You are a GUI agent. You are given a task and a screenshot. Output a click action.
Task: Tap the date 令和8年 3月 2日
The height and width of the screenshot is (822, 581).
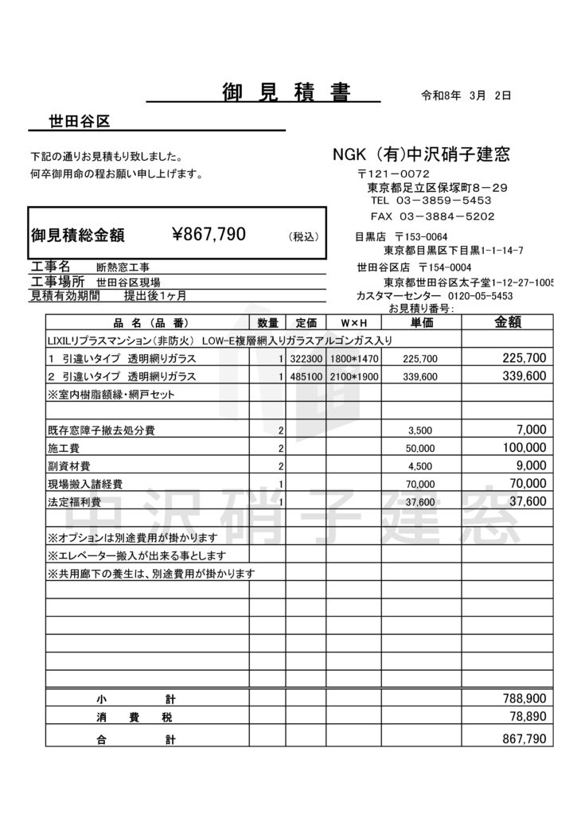[x=466, y=95]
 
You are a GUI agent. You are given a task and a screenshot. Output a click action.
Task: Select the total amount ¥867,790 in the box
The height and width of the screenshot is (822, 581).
[x=209, y=234]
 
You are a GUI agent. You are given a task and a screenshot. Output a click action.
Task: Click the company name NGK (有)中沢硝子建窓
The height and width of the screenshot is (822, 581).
[x=421, y=154]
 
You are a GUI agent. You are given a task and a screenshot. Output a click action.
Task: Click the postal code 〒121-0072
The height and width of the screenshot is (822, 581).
[x=393, y=173]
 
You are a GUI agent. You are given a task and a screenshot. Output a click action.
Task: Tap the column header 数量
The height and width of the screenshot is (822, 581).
[x=268, y=323]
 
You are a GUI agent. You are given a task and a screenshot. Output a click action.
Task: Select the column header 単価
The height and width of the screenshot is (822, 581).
[x=422, y=323]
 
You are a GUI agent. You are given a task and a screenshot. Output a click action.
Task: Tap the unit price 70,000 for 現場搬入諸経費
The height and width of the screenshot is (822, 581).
[x=419, y=484]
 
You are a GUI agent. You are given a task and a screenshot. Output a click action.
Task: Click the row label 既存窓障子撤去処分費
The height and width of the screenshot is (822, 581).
[x=101, y=430]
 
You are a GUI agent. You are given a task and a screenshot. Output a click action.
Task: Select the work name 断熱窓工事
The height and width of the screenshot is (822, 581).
[x=123, y=267]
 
